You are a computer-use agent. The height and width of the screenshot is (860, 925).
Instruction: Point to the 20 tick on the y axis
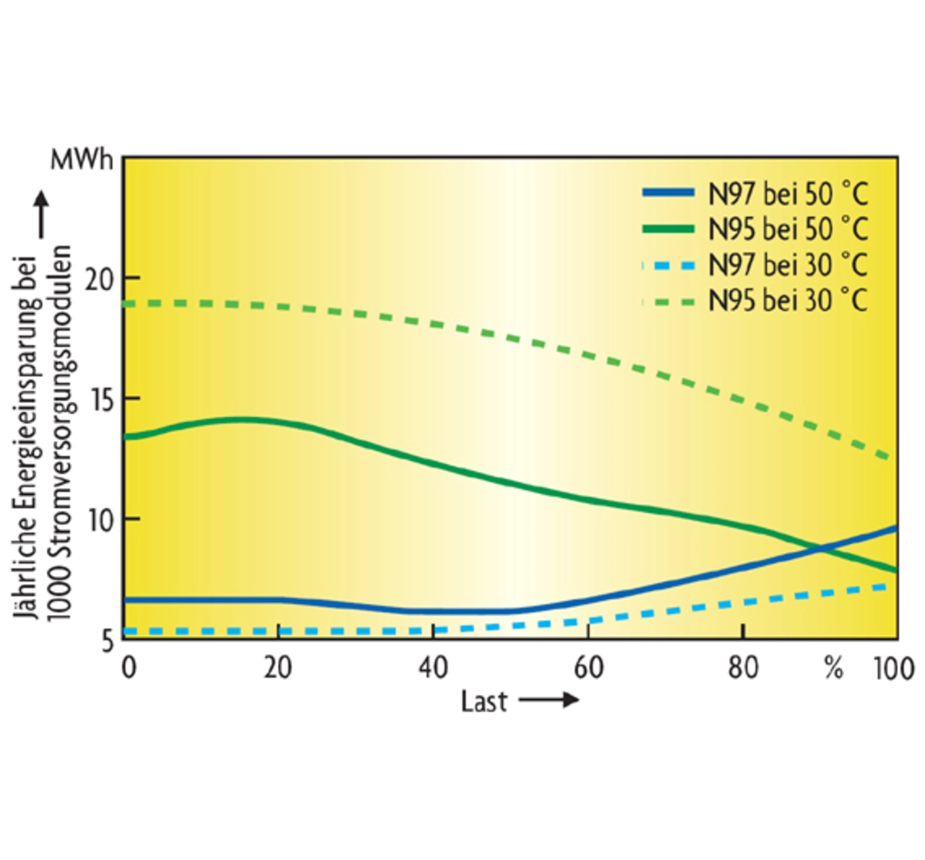click(100, 279)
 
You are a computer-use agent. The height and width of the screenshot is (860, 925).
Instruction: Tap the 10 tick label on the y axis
click(101, 520)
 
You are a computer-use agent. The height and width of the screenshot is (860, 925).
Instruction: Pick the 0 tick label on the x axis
click(129, 667)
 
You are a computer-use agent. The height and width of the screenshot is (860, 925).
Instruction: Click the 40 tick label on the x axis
click(433, 667)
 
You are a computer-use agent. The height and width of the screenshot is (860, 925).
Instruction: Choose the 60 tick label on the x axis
click(588, 667)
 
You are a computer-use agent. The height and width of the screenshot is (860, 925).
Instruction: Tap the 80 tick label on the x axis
click(743, 667)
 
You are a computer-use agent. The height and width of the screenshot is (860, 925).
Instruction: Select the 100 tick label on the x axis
click(894, 668)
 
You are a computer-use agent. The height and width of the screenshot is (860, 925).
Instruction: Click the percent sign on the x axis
click(833, 668)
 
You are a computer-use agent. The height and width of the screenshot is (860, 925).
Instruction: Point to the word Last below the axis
click(484, 701)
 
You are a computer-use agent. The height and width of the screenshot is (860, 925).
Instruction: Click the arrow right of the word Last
click(548, 700)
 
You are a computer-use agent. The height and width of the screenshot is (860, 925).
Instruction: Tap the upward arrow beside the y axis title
click(41, 214)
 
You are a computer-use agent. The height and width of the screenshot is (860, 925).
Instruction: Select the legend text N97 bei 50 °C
click(788, 194)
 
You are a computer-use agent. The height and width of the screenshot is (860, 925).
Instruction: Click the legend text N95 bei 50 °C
click(788, 229)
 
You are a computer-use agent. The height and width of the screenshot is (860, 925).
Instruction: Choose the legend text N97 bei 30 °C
click(788, 265)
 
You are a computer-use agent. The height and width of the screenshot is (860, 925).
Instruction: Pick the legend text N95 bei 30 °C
click(788, 300)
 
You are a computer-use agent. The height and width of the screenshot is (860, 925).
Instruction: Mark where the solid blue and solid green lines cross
click(822, 549)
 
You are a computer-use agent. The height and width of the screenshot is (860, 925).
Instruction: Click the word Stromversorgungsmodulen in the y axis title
click(61, 432)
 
